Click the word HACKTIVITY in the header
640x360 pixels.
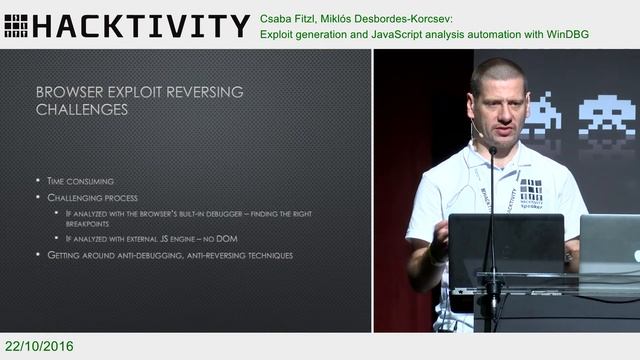coord(140,25)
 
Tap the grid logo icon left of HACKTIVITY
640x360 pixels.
coord(15,25)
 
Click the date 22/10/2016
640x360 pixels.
coord(38,346)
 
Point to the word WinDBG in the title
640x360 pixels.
coord(566,34)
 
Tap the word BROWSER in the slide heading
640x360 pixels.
coord(73,92)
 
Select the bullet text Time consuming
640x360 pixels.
coord(80,181)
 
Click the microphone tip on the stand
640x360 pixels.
coord(492,151)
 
